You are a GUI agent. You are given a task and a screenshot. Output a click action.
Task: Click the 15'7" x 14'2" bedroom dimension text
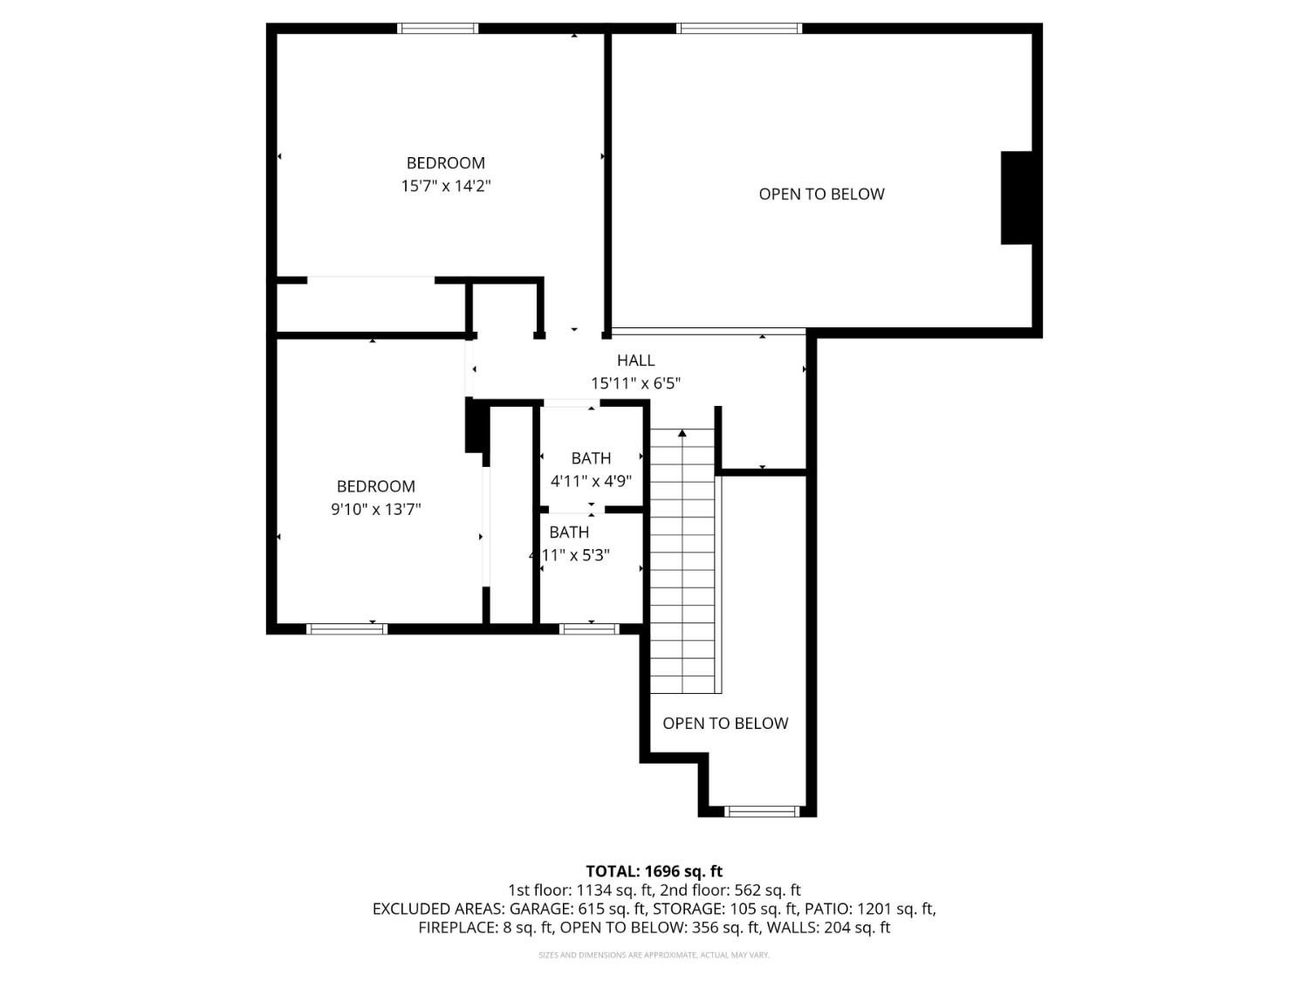(445, 186)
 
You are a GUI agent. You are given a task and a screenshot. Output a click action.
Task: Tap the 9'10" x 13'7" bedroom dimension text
(375, 510)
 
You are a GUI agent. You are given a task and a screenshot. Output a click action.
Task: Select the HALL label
(635, 360)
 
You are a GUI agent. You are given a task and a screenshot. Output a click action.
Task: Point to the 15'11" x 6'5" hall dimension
(635, 383)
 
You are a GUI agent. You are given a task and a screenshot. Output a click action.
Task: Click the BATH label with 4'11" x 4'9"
(591, 458)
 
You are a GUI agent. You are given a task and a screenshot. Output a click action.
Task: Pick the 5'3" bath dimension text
(569, 555)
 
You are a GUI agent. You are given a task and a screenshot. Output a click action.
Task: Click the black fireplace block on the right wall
(1017, 198)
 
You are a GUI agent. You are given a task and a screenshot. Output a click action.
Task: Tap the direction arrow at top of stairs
(682, 433)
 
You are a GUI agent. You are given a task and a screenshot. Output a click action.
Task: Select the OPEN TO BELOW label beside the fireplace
(821, 195)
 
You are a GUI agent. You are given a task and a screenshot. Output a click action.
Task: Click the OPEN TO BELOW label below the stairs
(725, 724)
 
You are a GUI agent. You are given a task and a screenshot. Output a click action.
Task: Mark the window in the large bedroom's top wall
(438, 28)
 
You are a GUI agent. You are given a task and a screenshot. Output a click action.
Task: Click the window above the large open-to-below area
(739, 28)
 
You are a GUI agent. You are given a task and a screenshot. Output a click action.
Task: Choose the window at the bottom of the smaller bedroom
(346, 628)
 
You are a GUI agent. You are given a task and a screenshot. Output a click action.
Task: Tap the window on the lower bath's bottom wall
(589, 628)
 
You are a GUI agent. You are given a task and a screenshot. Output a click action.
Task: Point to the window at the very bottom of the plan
(762, 812)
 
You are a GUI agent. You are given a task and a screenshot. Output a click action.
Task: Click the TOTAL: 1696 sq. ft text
(654, 871)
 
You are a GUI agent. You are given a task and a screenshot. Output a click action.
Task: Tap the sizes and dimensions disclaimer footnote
(654, 955)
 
